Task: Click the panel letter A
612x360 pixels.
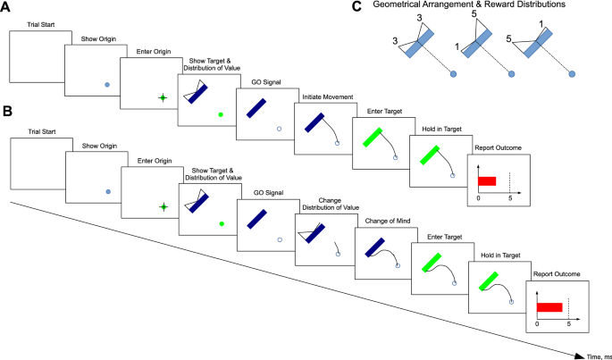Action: click(7, 7)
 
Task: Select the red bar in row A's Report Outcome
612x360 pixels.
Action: click(487, 180)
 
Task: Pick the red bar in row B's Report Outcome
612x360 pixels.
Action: click(549, 306)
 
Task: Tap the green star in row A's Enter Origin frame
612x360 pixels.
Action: click(162, 98)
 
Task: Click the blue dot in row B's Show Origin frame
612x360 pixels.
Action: click(107, 191)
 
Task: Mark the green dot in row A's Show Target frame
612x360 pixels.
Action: click(220, 114)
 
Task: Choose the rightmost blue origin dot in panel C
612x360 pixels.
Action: click(571, 73)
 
